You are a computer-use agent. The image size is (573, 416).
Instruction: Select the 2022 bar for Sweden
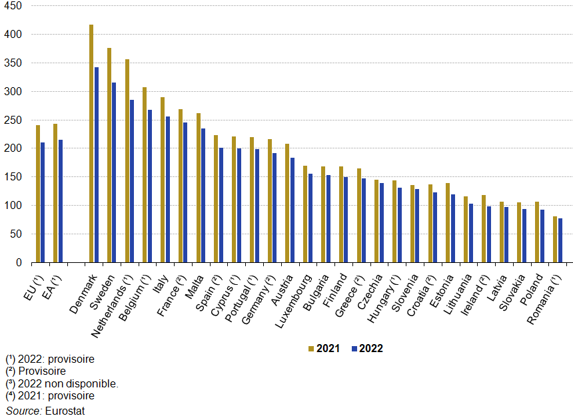(x=114, y=172)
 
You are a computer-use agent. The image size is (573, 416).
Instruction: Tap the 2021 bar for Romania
(x=555, y=240)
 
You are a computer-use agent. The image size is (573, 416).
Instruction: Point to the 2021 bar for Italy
(x=163, y=180)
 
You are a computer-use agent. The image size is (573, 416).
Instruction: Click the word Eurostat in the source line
(x=65, y=410)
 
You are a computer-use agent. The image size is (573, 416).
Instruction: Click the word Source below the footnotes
(x=23, y=410)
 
